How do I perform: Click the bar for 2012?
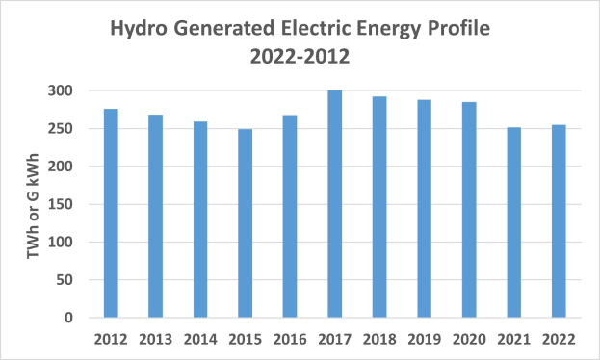point(111,213)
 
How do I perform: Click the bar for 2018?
point(379,207)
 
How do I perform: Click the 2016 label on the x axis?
point(290,339)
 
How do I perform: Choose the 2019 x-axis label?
point(424,339)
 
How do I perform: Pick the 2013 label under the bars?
point(156,339)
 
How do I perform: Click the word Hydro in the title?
point(141,29)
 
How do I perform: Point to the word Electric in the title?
point(303,29)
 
